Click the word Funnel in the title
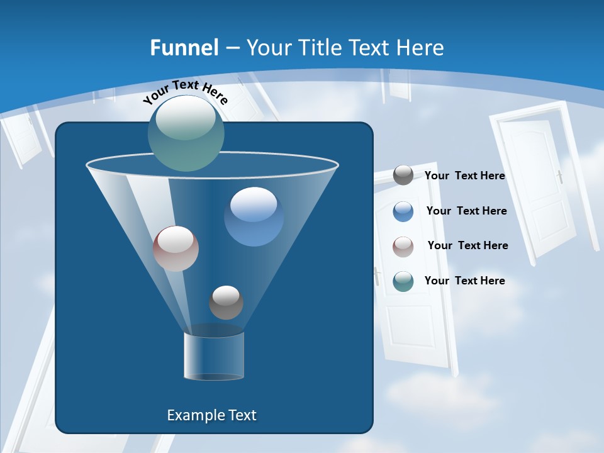[x=184, y=48]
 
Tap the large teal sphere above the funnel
[x=186, y=133]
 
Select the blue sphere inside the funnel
[x=254, y=216]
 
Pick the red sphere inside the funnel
[x=176, y=249]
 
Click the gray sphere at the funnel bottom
[x=226, y=302]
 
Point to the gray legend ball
[x=403, y=175]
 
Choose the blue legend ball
[x=403, y=211]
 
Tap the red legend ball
[x=403, y=246]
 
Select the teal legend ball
[x=403, y=281]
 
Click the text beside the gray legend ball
[x=464, y=176]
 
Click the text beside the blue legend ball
[x=466, y=211]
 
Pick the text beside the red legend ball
[x=467, y=245]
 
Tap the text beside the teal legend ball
[x=464, y=281]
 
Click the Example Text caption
[x=211, y=415]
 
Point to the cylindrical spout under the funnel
[x=214, y=357]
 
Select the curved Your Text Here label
[x=185, y=91]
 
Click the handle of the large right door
[x=559, y=177]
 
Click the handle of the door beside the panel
[x=377, y=276]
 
